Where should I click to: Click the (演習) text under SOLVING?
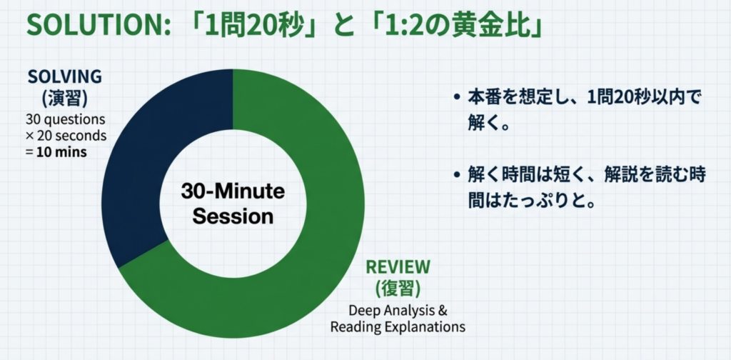point(65,99)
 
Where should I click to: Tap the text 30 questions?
point(66,119)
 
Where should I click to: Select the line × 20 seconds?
point(66,136)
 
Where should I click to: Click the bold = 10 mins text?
point(56,152)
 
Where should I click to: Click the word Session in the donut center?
point(233,216)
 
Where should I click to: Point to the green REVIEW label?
point(398,266)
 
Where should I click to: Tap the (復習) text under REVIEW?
point(398,289)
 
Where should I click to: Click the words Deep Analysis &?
point(398,311)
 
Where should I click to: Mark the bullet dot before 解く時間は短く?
point(458,176)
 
